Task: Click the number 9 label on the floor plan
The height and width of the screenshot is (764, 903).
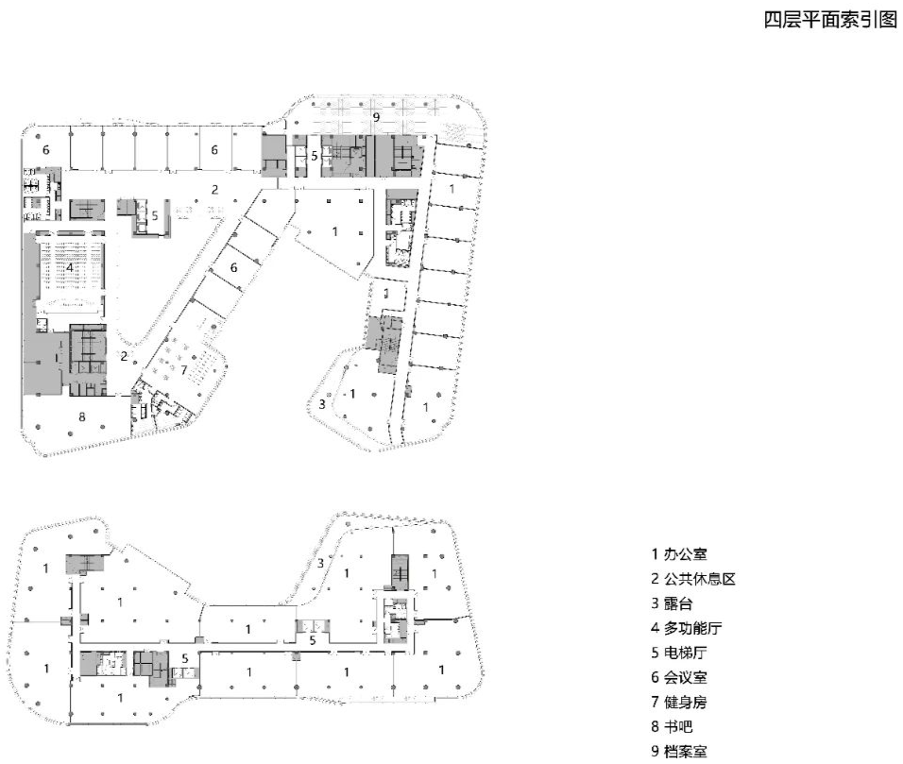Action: (376, 117)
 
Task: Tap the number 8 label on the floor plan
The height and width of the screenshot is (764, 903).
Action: (82, 416)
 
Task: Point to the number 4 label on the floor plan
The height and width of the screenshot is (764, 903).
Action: (69, 267)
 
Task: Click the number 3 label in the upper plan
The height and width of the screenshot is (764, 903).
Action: (322, 404)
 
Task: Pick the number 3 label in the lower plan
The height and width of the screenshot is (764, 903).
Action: (321, 563)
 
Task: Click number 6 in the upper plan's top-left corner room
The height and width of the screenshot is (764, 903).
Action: (43, 149)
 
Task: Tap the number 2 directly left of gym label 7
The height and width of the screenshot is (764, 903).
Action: (124, 356)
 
